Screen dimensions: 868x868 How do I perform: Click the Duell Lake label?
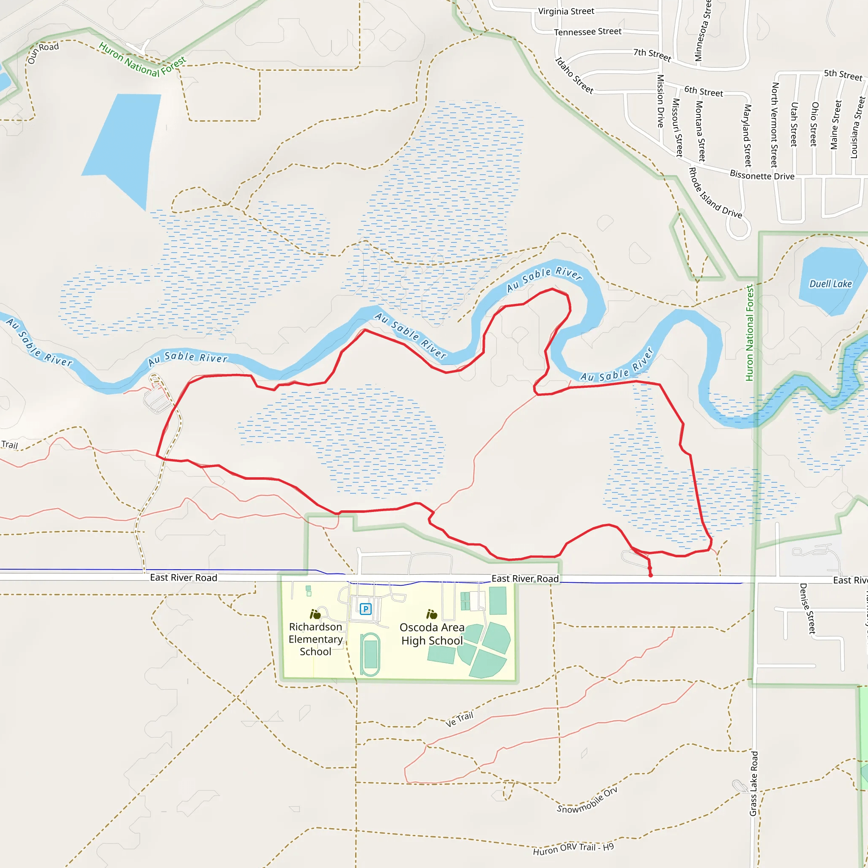click(830, 284)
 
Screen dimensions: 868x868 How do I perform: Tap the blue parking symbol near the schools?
click(366, 609)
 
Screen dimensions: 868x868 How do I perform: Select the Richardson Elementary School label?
click(315, 639)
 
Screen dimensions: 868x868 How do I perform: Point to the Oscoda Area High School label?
click(432, 634)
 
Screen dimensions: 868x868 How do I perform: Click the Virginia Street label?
click(566, 11)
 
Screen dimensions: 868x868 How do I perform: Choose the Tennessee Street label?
click(588, 32)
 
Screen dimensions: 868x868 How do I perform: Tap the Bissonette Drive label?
click(762, 175)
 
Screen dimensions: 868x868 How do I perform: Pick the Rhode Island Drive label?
click(715, 193)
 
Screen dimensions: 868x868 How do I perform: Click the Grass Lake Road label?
click(754, 784)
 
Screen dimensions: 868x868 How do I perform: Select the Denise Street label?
click(807, 608)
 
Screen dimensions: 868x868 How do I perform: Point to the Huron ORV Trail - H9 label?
click(573, 849)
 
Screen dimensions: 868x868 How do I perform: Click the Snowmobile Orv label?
click(587, 801)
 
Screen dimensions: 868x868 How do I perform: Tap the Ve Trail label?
click(459, 719)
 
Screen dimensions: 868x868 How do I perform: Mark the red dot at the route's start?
click(651, 575)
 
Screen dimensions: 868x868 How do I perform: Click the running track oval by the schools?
click(370, 654)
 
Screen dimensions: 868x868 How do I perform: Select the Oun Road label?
click(43, 53)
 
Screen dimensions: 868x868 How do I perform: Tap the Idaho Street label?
click(574, 75)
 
